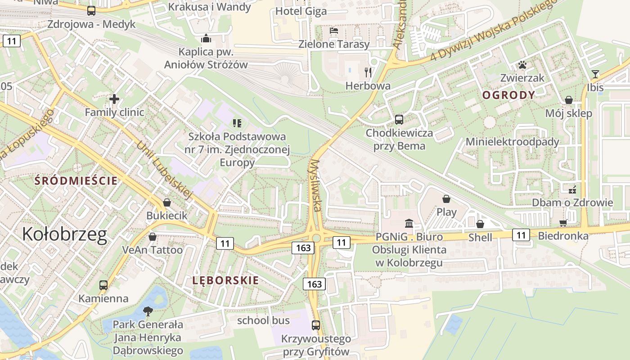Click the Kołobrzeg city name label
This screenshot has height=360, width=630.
click(65, 234)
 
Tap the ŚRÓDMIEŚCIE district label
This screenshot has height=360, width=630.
click(76, 181)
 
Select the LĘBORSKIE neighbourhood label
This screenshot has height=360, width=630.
click(225, 280)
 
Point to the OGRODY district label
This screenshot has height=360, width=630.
click(508, 95)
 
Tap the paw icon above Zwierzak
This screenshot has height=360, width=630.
click(522, 65)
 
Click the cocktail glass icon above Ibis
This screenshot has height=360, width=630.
click(595, 74)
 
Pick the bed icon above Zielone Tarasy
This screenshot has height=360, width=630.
click(334, 31)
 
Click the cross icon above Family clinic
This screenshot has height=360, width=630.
click(114, 99)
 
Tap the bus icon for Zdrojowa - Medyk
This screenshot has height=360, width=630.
click(91, 11)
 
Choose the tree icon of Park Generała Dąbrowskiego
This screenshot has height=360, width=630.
click(148, 311)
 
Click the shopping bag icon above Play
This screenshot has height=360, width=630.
click(446, 199)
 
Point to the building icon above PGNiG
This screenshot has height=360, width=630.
click(409, 223)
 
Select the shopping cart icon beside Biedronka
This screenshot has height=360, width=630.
click(563, 223)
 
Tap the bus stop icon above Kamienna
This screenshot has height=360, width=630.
click(103, 285)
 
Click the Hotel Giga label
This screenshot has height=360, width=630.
click(301, 11)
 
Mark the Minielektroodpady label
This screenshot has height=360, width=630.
click(512, 142)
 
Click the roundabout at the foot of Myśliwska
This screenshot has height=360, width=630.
click(316, 238)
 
